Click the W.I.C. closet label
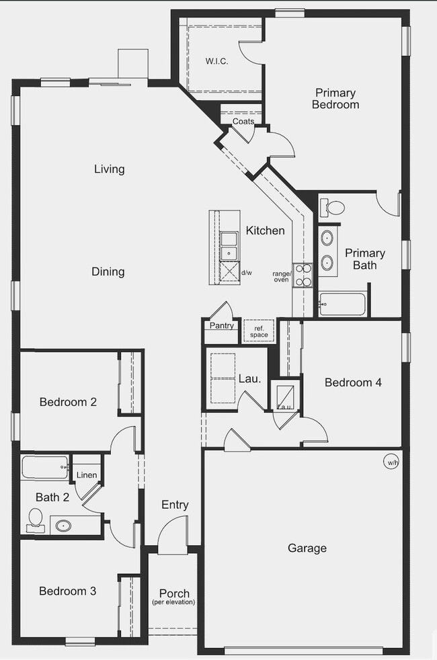click(x=216, y=61)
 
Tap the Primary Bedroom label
click(x=335, y=99)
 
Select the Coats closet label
click(x=243, y=122)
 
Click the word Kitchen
click(x=265, y=231)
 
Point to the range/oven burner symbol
click(x=303, y=275)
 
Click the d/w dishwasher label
click(x=247, y=272)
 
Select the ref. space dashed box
click(x=259, y=331)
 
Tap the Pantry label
click(x=221, y=326)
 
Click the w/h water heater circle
click(x=391, y=462)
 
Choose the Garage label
click(x=307, y=548)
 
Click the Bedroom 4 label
click(x=353, y=382)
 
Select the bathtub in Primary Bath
click(x=343, y=304)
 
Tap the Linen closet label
click(x=87, y=475)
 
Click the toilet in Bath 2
click(x=36, y=519)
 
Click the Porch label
click(x=173, y=594)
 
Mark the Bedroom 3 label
click(x=67, y=591)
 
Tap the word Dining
click(x=108, y=272)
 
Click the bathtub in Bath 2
click(x=45, y=466)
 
